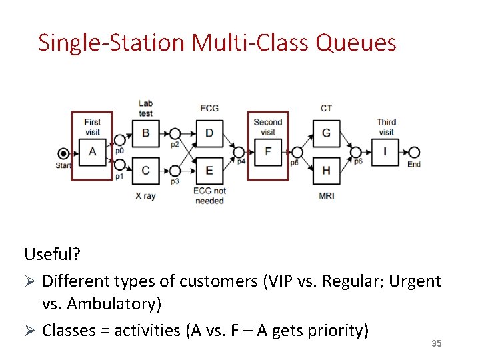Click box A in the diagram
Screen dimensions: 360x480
92,151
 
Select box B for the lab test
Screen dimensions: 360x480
145,133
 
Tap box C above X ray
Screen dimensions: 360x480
145,170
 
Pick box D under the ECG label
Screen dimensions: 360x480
209,133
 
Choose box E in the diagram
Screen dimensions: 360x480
209,170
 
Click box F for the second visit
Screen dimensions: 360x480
268,151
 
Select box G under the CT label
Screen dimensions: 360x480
326,133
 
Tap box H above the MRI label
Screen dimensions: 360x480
326,170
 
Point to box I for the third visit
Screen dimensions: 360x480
385,151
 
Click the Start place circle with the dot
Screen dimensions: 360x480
63,152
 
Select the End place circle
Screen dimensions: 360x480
413,152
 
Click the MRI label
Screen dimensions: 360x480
326,196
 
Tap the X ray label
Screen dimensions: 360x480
145,196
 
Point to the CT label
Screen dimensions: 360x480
326,108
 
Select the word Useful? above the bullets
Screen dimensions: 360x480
53,254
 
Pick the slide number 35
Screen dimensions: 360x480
437,343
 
